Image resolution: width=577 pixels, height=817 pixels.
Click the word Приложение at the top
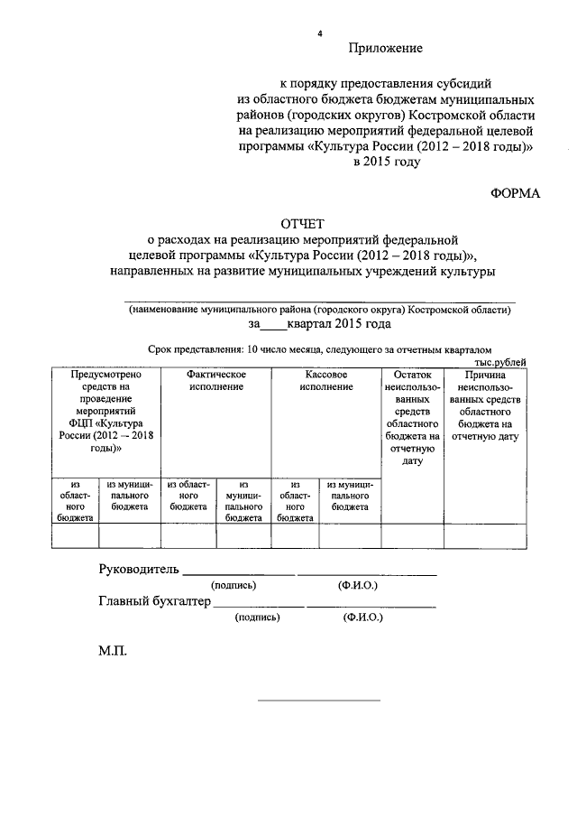(x=385, y=47)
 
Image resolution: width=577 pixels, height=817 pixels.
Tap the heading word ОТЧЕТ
(x=302, y=223)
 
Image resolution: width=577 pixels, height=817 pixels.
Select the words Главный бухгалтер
(x=153, y=601)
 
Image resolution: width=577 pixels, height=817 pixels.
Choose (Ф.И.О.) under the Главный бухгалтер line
(x=363, y=618)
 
